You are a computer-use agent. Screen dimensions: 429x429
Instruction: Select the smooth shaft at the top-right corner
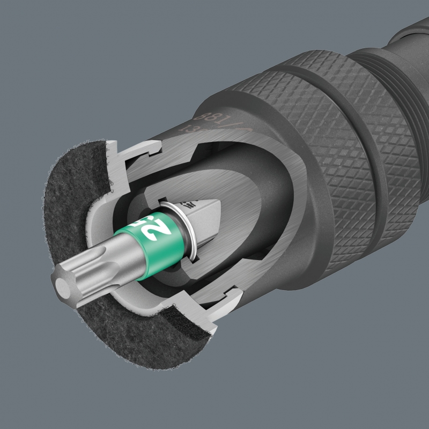tap(413, 32)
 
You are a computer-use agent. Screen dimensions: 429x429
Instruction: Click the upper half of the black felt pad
tap(75, 177)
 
